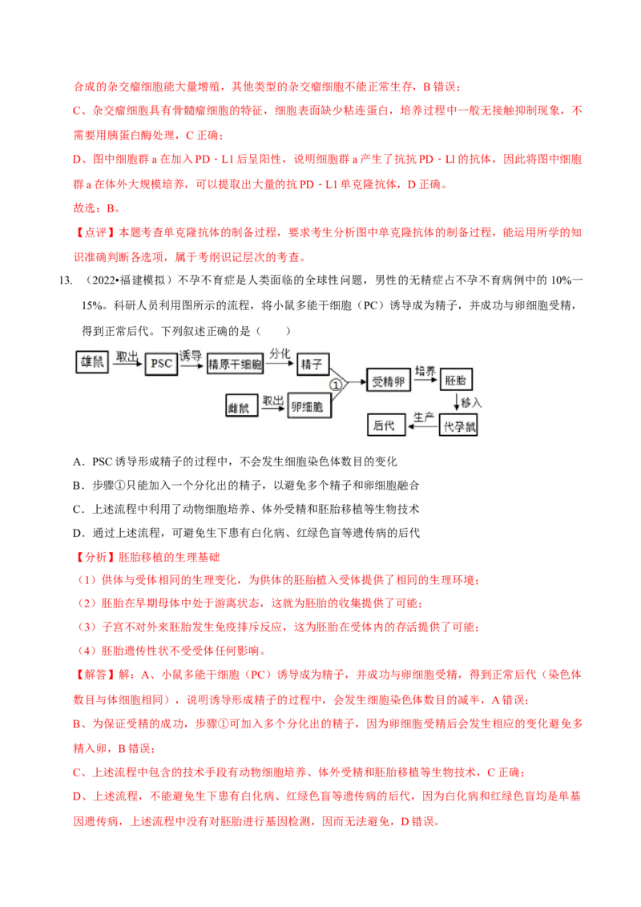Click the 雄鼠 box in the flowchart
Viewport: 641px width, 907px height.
tap(92, 361)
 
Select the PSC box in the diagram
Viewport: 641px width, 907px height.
tap(161, 364)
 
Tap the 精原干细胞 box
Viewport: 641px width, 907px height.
tap(235, 364)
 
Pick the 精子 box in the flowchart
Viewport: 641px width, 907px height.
tap(313, 364)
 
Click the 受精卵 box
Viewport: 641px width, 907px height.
tap(388, 381)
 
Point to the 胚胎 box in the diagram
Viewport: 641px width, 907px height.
tap(456, 380)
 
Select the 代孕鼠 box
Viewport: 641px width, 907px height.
tap(458, 425)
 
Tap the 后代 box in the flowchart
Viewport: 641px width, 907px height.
tap(386, 425)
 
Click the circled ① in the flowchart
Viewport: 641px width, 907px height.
tap(336, 384)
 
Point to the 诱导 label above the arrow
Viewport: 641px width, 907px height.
tap(191, 355)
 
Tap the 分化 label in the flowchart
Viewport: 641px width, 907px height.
tap(280, 353)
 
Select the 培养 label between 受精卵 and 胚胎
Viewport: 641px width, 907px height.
tap(425, 371)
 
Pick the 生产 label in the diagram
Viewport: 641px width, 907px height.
tap(424, 417)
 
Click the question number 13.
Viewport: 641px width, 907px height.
tap(66, 280)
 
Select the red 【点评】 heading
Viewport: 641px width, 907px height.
tap(95, 232)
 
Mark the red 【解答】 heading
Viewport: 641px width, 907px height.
tap(95, 675)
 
